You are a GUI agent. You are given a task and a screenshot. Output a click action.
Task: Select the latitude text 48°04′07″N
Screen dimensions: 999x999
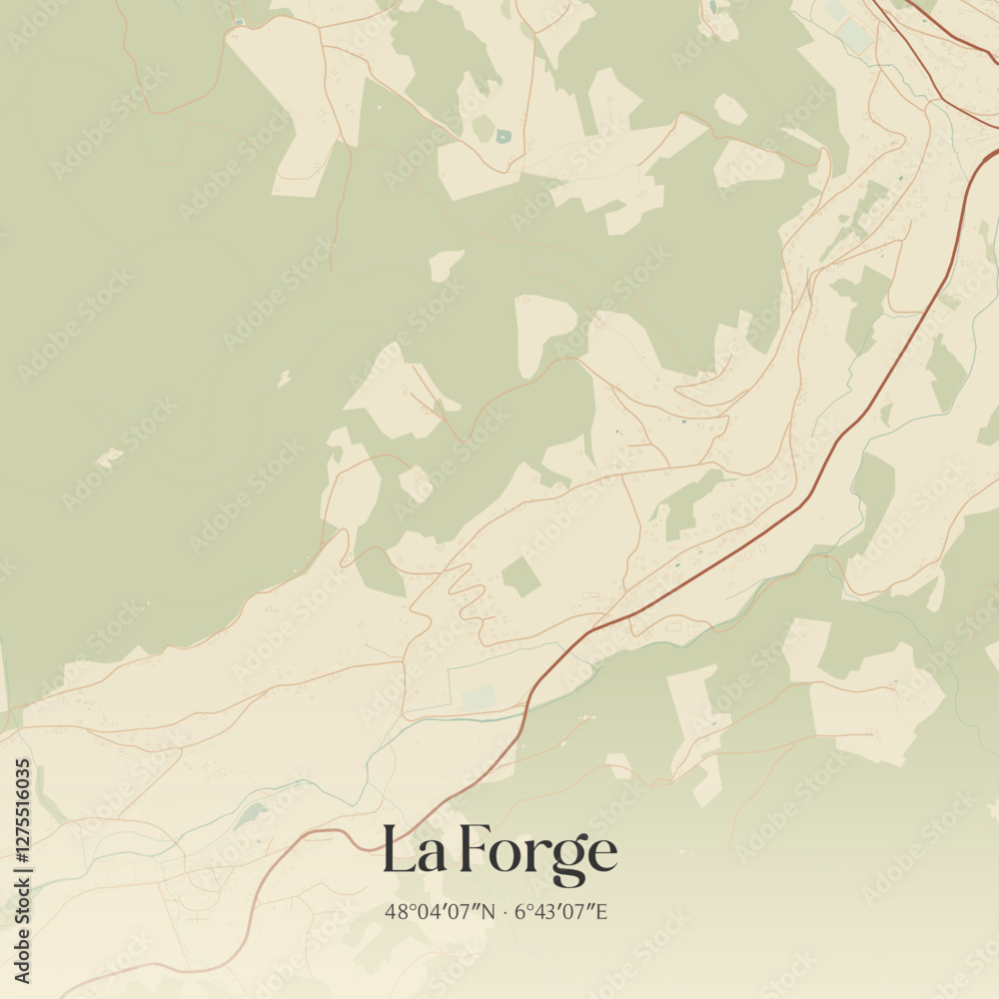(x=440, y=911)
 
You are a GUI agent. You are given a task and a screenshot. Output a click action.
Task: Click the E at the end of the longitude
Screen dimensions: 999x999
(x=601, y=911)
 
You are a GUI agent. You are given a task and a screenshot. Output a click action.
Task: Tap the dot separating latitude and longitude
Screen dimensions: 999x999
(x=505, y=911)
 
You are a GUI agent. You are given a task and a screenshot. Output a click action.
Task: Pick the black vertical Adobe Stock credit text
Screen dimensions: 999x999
(x=23, y=934)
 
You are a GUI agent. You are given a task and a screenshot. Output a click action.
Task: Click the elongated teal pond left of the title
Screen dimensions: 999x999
(x=249, y=816)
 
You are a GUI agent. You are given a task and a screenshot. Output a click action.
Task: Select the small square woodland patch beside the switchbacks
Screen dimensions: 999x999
(x=520, y=577)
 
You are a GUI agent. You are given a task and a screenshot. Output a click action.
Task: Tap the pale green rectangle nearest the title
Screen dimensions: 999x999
(x=480, y=697)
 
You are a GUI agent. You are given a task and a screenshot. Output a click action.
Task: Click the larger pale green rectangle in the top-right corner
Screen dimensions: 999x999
(x=854, y=36)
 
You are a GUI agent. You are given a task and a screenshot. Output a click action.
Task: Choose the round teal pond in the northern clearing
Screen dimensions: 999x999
(x=502, y=136)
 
